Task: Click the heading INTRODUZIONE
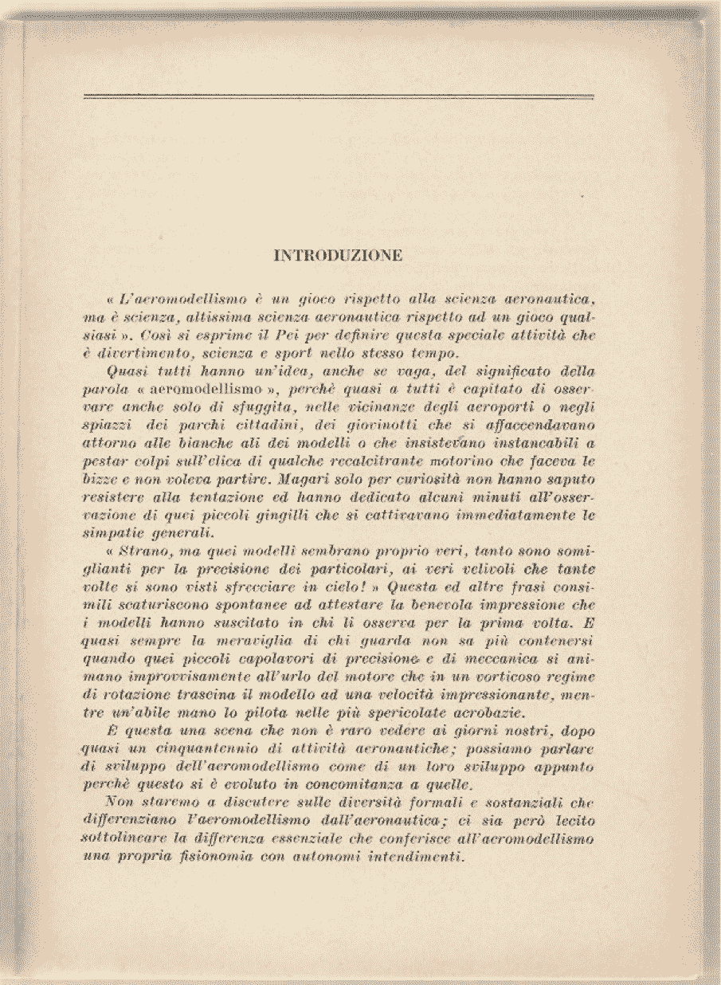pos(338,256)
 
